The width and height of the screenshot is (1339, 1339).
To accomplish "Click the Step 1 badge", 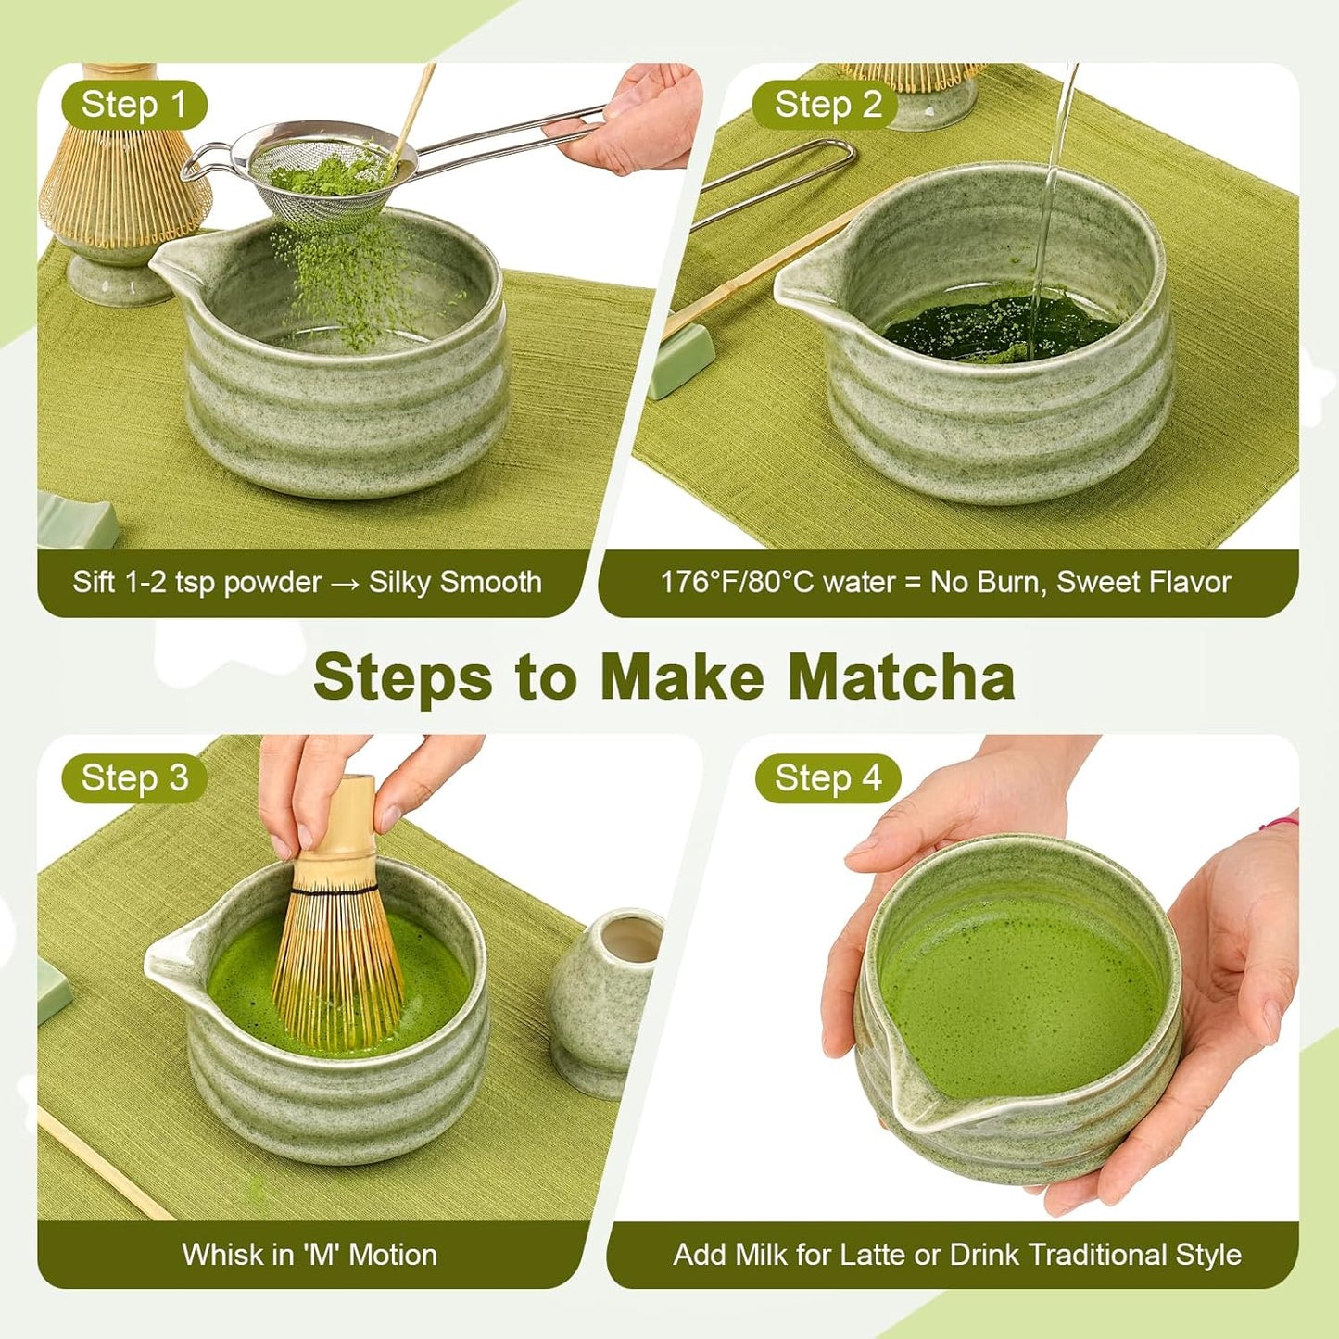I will coord(133,105).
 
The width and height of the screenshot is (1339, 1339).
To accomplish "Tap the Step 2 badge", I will coord(827,105).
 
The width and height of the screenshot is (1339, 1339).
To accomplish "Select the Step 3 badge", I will coord(133,777).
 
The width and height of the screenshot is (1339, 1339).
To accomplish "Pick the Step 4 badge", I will coord(827,777).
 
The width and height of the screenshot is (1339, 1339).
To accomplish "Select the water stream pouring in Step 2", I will coord(1056,185).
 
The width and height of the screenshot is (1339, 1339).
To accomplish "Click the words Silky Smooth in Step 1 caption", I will coord(454,582).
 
